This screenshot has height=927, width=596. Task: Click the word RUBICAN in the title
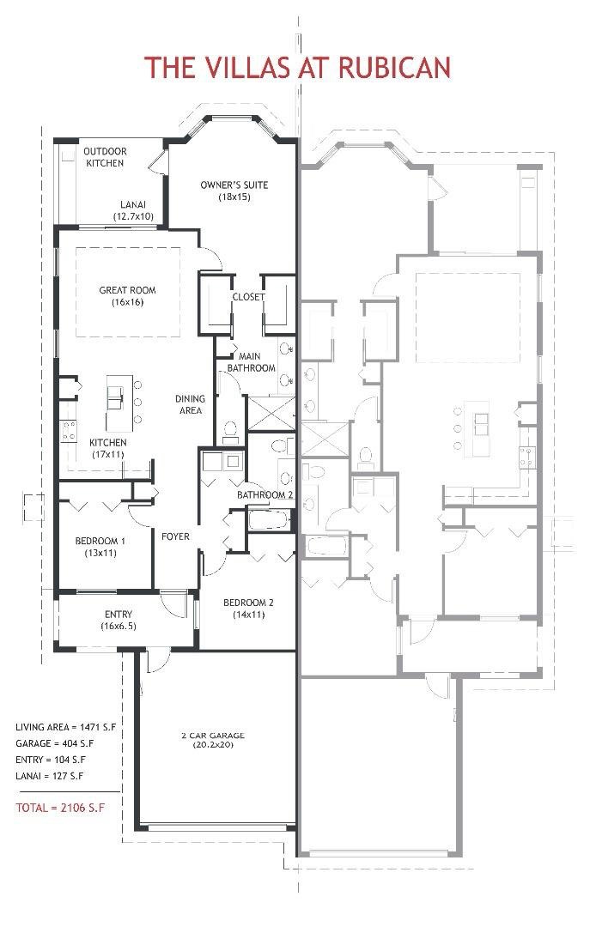point(392,67)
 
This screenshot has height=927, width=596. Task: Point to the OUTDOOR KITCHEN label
point(105,157)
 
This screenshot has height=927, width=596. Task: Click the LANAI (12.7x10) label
point(132,210)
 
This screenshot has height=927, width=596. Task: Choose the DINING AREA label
point(189,404)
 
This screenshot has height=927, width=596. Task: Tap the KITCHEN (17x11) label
point(107,448)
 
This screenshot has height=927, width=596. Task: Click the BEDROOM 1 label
point(100,547)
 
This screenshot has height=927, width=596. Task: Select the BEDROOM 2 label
point(248,608)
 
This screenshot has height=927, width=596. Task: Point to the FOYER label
point(175,537)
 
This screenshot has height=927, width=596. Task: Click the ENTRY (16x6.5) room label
point(118,620)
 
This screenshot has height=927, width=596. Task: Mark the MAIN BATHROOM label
point(250,362)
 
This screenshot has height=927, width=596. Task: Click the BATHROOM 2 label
point(266,495)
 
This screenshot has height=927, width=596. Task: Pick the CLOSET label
point(248,297)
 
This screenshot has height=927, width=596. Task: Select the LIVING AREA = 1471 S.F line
point(65,727)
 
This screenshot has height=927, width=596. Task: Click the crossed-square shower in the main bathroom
point(268,412)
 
